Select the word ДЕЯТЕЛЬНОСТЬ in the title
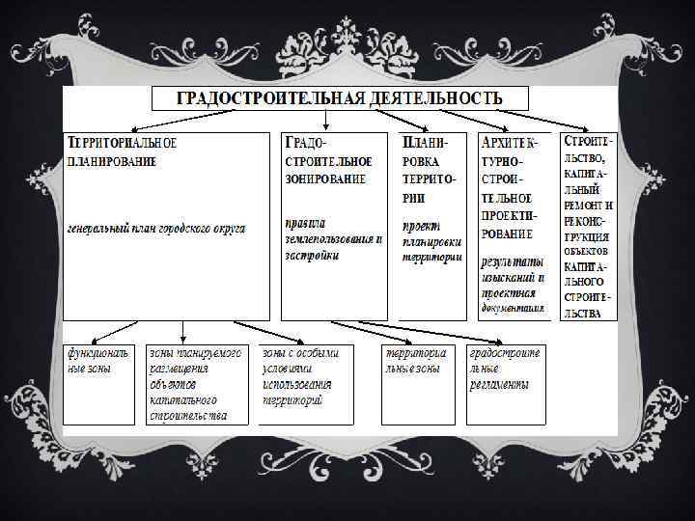[438, 97]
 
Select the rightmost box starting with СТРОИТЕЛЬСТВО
[588, 228]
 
